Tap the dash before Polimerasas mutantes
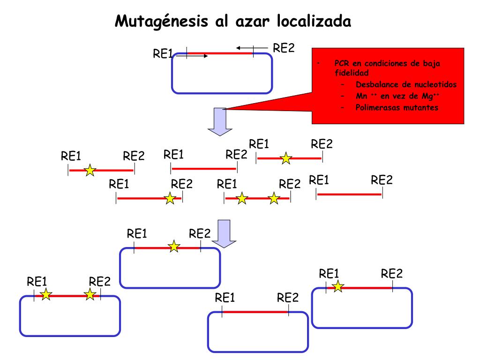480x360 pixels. [x=344, y=107]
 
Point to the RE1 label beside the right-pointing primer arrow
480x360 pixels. [x=163, y=54]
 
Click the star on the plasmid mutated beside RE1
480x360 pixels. [x=337, y=286]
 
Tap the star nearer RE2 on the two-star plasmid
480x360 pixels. [x=90, y=294]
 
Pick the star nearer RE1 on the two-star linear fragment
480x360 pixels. [x=241, y=198]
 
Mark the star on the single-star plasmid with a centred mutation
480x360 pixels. [x=174, y=246]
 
